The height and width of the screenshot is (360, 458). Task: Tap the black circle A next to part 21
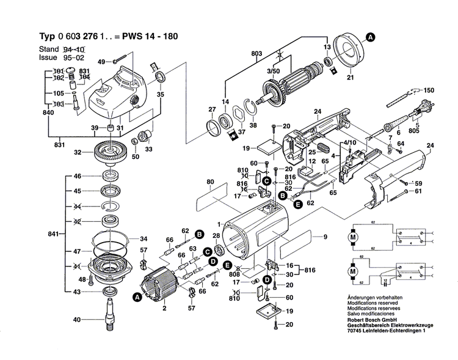pyautogui.click(x=370, y=37)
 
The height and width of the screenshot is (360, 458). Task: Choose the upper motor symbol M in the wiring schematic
pyautogui.click(x=352, y=236)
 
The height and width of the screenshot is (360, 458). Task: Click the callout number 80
pyautogui.click(x=209, y=182)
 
